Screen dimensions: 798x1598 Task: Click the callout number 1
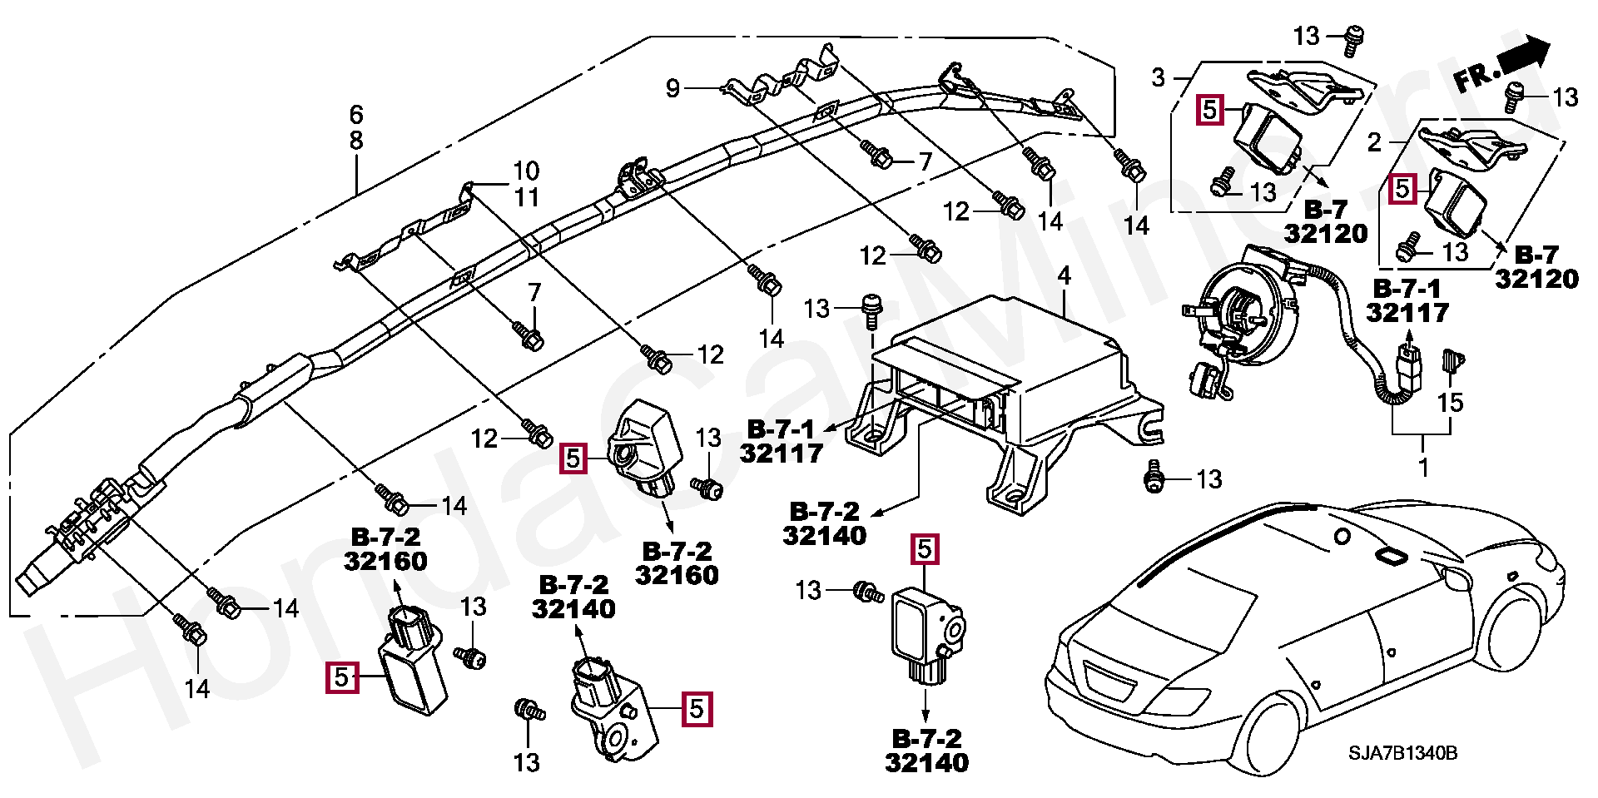click(x=1423, y=468)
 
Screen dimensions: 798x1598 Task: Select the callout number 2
click(x=1374, y=142)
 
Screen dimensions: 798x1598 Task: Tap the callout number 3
click(x=1158, y=77)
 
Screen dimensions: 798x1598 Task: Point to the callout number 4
click(x=1064, y=275)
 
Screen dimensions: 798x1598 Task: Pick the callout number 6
click(x=356, y=114)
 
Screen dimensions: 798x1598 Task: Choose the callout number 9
click(x=672, y=87)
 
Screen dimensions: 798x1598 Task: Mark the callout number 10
click(x=526, y=171)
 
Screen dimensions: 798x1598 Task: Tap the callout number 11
click(x=526, y=197)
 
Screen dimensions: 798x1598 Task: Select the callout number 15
click(x=1450, y=403)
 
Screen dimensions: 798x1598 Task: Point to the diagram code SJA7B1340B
click(x=1402, y=754)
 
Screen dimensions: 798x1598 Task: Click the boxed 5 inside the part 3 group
click(x=1209, y=110)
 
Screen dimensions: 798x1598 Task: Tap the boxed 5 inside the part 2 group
click(x=1402, y=189)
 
